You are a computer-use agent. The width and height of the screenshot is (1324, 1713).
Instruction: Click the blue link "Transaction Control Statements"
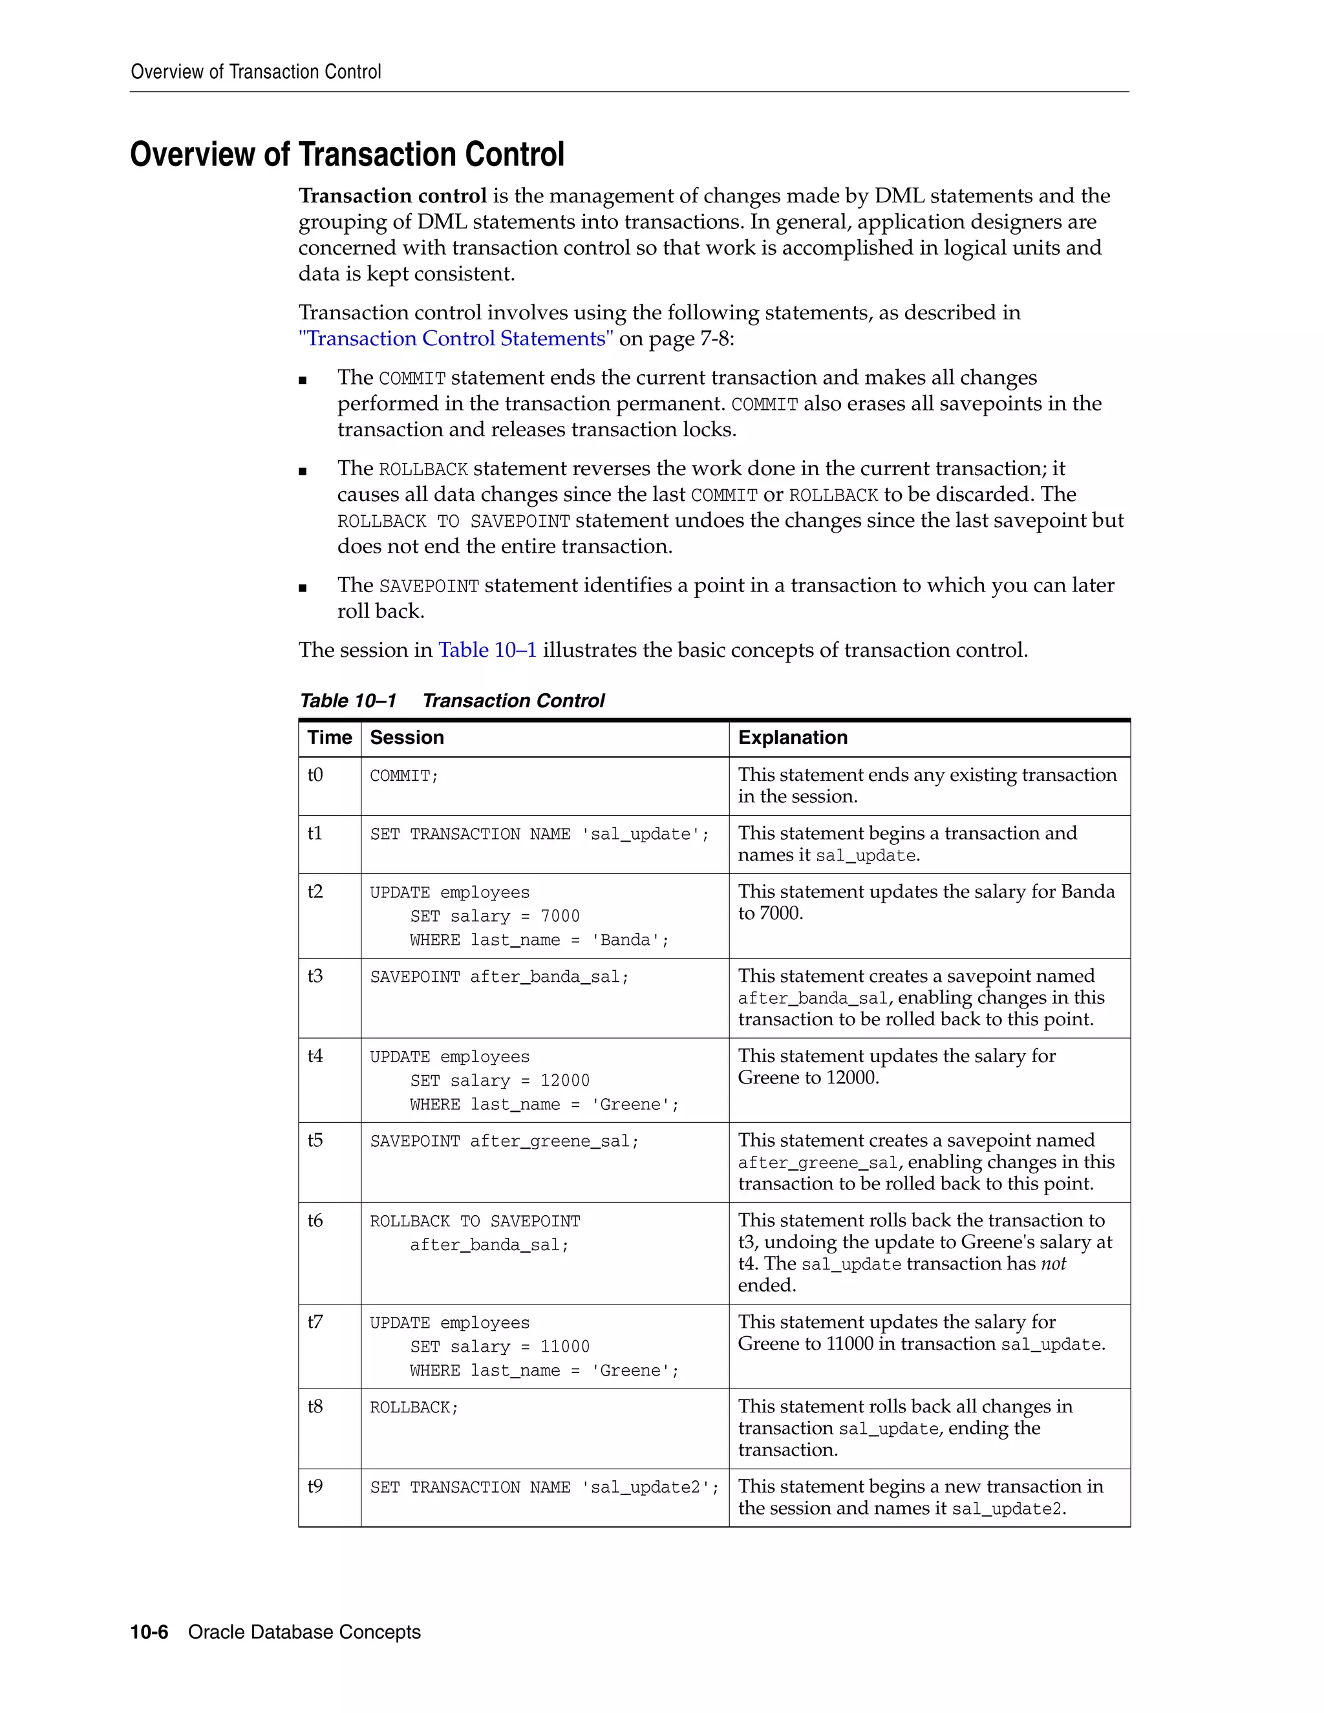pos(456,339)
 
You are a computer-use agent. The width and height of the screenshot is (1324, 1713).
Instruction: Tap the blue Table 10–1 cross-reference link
pos(487,650)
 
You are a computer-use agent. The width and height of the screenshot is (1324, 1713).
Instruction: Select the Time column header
pos(330,738)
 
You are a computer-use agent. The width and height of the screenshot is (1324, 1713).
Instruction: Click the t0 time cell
pos(315,775)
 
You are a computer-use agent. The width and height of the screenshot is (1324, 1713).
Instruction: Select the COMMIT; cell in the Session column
pos(404,776)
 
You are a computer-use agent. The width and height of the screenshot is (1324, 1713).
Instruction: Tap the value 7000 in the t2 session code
pos(560,916)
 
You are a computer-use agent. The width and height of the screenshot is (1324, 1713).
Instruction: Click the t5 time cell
pos(315,1140)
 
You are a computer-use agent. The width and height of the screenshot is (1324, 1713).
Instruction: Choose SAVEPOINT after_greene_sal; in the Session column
pos(504,1141)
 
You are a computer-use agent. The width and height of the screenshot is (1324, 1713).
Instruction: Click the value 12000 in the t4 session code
pos(565,1081)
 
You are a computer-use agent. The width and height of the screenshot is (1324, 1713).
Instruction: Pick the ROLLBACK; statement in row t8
pos(414,1408)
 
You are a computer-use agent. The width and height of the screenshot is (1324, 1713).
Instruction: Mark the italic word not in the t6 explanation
pos(1052,1264)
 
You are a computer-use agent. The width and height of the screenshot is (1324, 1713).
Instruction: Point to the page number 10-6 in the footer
pos(149,1632)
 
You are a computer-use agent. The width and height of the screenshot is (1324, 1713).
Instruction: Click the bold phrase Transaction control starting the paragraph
pos(392,196)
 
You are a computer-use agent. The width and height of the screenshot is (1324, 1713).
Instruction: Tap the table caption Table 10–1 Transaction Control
pos(452,701)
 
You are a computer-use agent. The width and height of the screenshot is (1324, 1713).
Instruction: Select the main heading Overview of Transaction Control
pos(347,154)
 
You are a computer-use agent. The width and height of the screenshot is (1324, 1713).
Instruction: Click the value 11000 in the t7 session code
pos(565,1346)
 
